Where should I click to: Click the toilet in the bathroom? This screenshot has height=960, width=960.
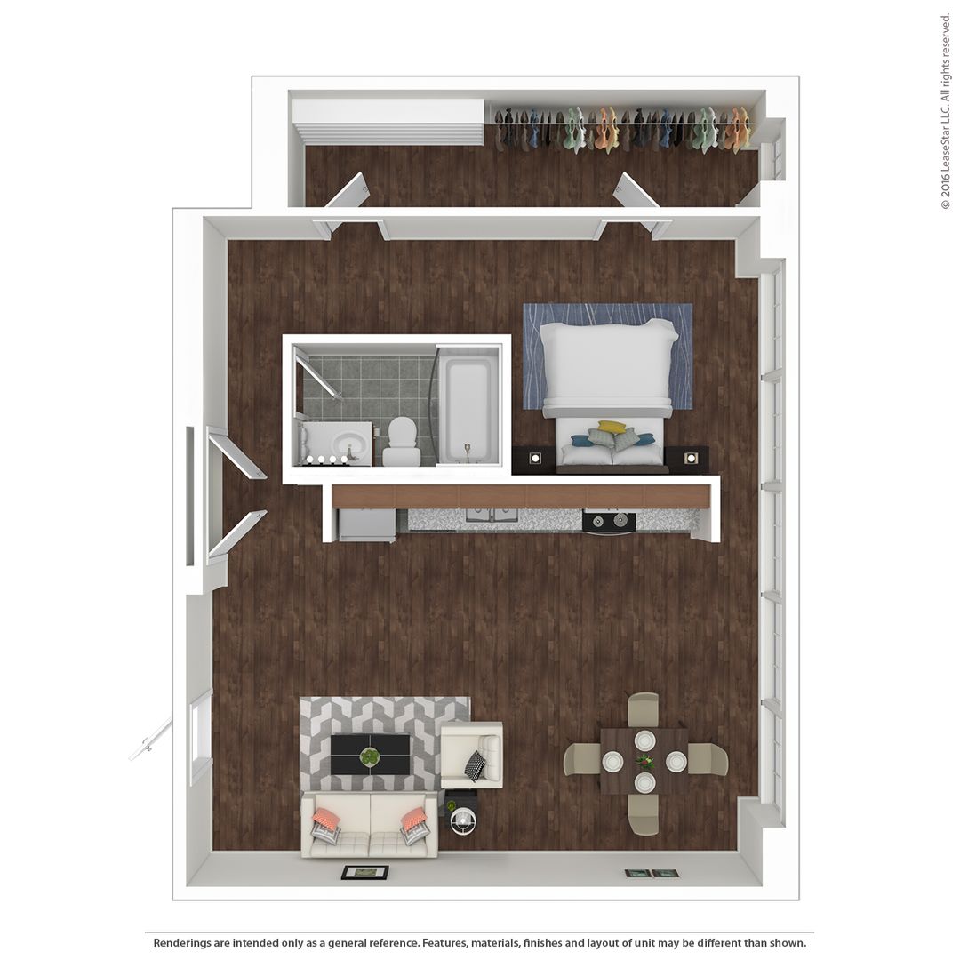(402, 441)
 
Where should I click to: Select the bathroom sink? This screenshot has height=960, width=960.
(338, 442)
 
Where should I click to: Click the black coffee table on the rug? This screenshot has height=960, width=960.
(370, 755)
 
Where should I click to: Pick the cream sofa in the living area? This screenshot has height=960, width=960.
(369, 826)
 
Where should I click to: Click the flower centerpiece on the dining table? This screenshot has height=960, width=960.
(644, 762)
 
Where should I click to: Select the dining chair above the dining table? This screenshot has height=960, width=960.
(644, 709)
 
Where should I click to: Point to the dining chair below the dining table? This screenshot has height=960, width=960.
(644, 815)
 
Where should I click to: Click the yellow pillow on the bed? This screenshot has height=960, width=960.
(612, 427)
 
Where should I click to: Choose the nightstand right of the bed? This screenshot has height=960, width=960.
(687, 459)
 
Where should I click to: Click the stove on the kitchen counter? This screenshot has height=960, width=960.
(609, 521)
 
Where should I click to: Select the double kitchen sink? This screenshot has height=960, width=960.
(492, 515)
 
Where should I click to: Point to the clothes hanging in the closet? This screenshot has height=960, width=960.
(622, 129)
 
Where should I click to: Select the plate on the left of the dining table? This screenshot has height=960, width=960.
(612, 761)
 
